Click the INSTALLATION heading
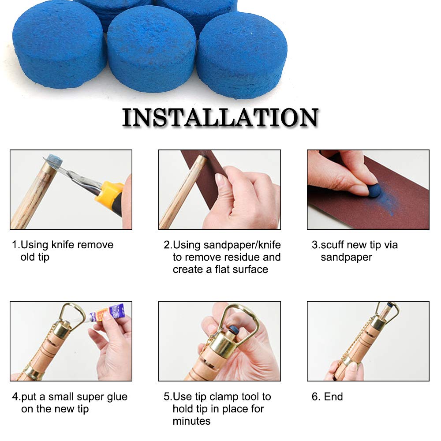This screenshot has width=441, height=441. [x=220, y=118]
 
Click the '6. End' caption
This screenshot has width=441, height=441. [x=327, y=396]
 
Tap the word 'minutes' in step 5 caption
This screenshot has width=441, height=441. [x=191, y=421]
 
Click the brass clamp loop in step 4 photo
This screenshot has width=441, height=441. [x=72, y=313]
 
